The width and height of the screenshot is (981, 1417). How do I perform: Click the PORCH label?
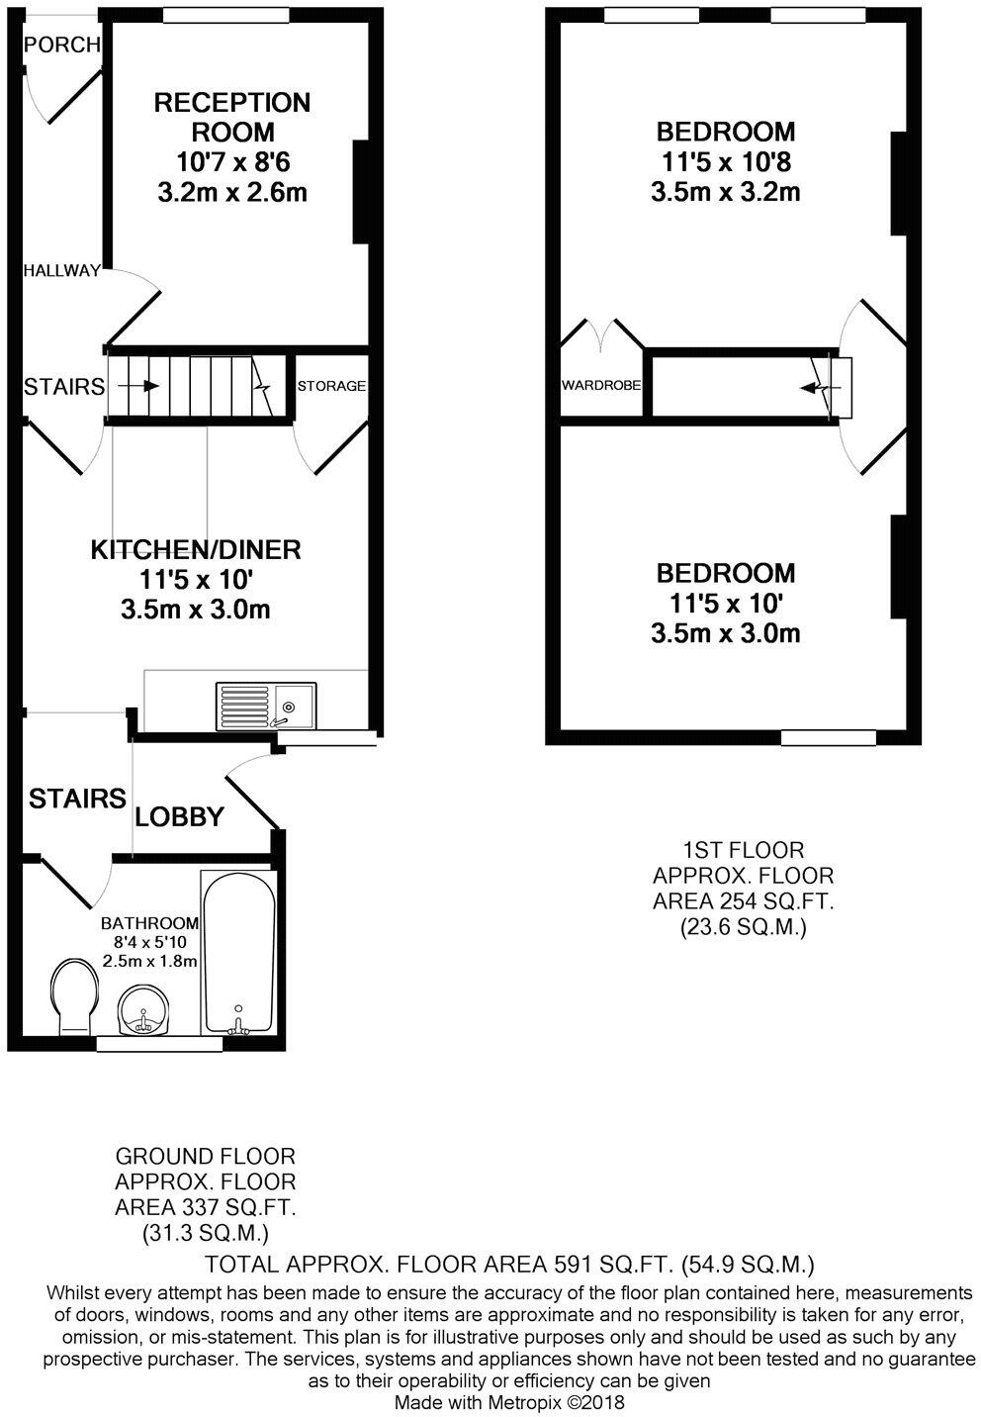click(x=61, y=45)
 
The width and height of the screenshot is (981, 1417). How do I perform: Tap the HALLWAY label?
click(x=62, y=270)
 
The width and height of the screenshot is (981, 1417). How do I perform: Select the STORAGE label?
click(x=331, y=386)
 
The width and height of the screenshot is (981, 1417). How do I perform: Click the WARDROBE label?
click(x=601, y=385)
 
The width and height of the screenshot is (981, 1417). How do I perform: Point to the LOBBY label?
click(x=179, y=817)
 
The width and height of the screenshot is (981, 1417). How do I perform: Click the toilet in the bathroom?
click(x=73, y=993)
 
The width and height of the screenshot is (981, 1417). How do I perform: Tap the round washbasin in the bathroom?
click(x=143, y=1011)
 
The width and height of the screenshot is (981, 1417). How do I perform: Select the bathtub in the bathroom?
click(x=237, y=954)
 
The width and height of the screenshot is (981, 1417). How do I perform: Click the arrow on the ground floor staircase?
click(x=142, y=386)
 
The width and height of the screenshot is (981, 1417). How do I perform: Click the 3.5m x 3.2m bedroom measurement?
click(x=725, y=192)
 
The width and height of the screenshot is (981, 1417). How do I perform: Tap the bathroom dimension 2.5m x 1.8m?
click(x=150, y=961)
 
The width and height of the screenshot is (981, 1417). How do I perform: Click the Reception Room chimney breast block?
click(x=361, y=191)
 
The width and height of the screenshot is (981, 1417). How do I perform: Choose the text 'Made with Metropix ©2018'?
click(x=509, y=1402)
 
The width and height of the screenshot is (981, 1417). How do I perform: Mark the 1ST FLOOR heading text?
click(x=743, y=850)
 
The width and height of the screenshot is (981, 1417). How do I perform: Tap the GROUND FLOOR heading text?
click(x=205, y=1156)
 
